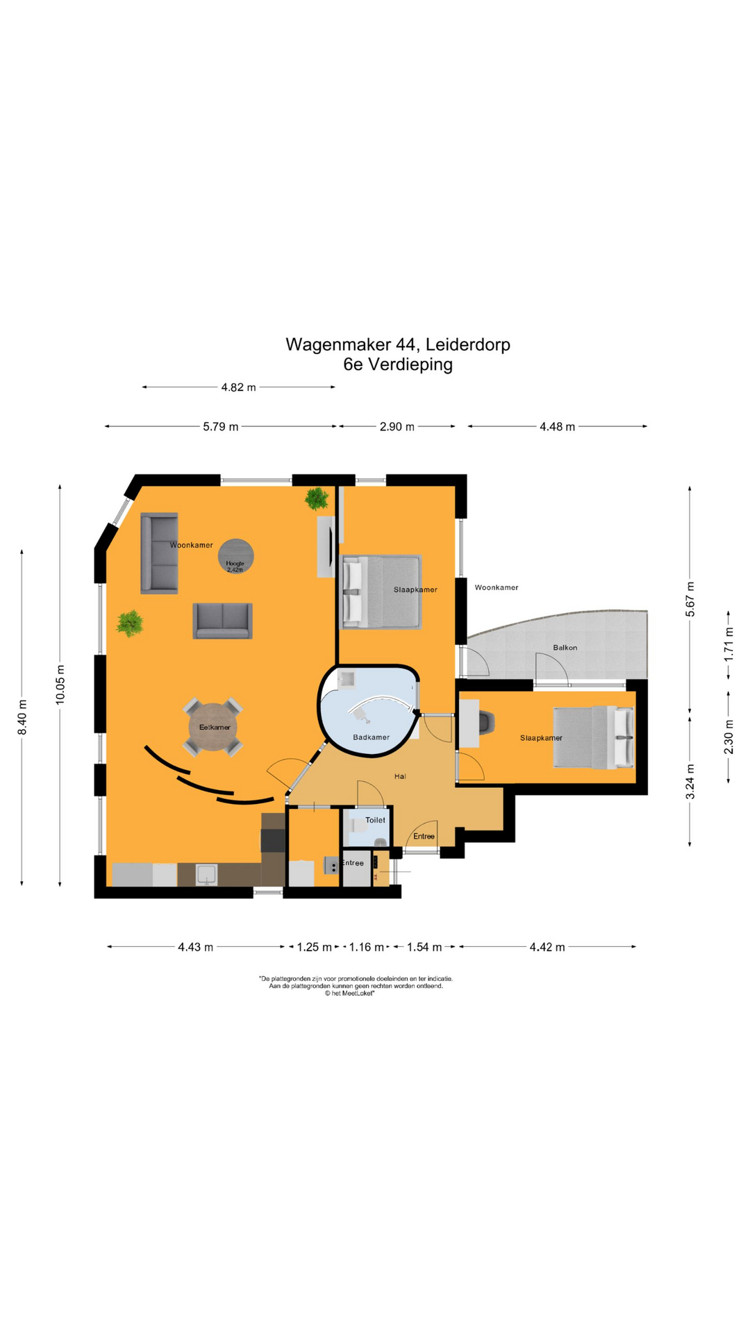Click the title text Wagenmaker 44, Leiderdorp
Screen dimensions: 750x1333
tap(398, 344)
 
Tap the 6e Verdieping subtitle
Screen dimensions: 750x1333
tap(398, 364)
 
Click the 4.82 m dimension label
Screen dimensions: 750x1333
tap(238, 387)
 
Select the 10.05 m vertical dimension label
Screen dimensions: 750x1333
tap(60, 685)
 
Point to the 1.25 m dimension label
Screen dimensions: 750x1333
tap(315, 947)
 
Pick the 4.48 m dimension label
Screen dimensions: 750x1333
tap(557, 427)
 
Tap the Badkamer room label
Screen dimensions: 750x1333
tap(371, 737)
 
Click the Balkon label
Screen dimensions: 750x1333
tap(565, 648)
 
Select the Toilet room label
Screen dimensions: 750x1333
tap(375, 820)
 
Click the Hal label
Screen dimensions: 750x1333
tap(400, 776)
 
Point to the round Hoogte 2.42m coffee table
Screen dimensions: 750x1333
tap(235, 557)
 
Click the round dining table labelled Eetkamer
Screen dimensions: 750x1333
tap(213, 728)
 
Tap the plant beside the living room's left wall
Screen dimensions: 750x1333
tap(130, 623)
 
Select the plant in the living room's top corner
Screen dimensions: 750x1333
tap(317, 498)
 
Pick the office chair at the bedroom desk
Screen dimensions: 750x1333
tap(487, 722)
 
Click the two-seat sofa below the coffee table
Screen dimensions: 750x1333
tap(222, 621)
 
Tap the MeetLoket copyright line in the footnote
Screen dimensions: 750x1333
tap(349, 994)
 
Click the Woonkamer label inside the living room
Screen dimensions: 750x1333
tap(192, 545)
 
